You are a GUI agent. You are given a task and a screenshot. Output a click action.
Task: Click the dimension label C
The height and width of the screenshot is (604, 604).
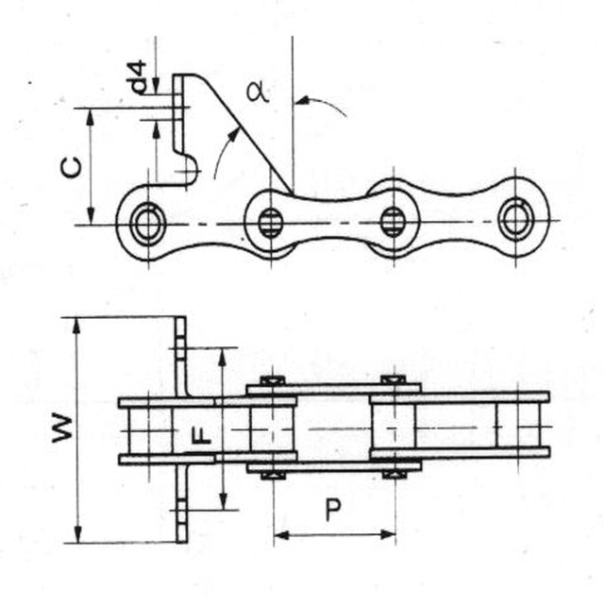point(71,167)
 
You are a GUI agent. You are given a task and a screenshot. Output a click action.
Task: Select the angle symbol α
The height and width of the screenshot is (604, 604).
point(255,92)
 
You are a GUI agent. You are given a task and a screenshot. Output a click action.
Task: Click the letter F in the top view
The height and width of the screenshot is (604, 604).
point(200,436)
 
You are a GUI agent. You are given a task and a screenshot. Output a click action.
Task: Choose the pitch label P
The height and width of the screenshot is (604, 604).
point(333,511)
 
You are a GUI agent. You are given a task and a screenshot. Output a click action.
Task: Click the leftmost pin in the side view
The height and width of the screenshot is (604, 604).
point(147,224)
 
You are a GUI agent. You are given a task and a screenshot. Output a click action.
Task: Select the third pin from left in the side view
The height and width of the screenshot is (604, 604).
point(393,223)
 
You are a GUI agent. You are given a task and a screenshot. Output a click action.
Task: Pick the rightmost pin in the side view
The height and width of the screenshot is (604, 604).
point(515,220)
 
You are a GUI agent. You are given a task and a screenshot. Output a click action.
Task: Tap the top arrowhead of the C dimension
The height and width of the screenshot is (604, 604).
point(91,114)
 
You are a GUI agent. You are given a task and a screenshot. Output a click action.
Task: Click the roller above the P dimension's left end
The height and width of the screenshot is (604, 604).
point(273,428)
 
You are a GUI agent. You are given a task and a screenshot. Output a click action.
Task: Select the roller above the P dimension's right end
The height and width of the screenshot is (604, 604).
point(394,428)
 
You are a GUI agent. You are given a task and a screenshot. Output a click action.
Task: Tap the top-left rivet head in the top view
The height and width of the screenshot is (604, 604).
point(273,380)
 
